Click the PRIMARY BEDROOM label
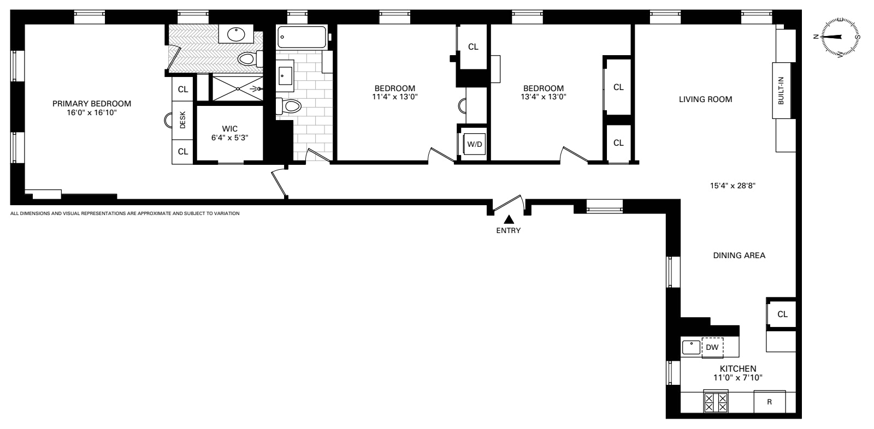pyautogui.click(x=92, y=103)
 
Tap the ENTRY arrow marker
pyautogui.click(x=509, y=219)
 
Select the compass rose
pyautogui.click(x=836, y=37)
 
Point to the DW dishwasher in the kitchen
pyautogui.click(x=712, y=347)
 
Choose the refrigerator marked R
pyautogui.click(x=769, y=402)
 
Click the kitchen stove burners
pyautogui.click(x=716, y=403)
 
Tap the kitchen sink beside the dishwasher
pyautogui.click(x=692, y=347)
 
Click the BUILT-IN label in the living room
pyautogui.click(x=782, y=90)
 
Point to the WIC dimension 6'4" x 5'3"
pyautogui.click(x=230, y=138)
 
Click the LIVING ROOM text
pyautogui.click(x=705, y=99)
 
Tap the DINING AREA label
pyautogui.click(x=739, y=255)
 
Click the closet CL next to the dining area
pyautogui.click(x=782, y=314)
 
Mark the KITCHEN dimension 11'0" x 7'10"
pyautogui.click(x=737, y=377)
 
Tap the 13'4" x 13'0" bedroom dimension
pyautogui.click(x=543, y=97)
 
